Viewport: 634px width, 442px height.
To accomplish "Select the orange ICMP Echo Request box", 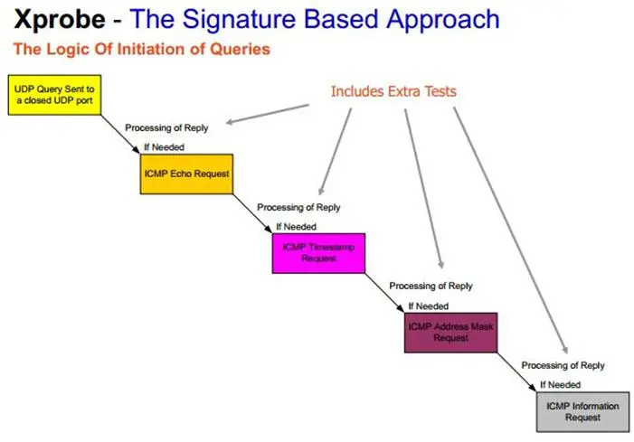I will (186, 171).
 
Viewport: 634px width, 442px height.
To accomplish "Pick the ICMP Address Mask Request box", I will (450, 332).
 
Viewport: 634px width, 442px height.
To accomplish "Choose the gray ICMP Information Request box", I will (582, 411).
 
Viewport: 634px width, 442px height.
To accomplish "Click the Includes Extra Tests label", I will (393, 91).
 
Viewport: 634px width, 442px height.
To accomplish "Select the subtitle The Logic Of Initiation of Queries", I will (141, 49).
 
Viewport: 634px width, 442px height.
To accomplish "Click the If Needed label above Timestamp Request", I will (297, 226).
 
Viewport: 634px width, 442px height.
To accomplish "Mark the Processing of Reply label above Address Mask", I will (431, 286).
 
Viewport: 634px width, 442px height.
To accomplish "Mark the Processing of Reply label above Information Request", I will (563, 365).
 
